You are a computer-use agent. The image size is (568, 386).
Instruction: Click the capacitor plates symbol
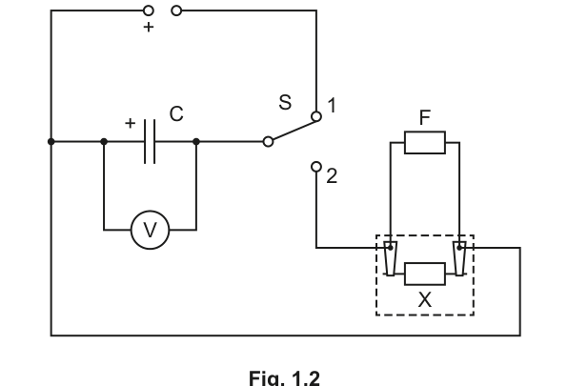coord(150,141)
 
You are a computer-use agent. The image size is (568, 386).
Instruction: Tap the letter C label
coord(176,113)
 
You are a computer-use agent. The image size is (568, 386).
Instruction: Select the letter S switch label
coord(285,102)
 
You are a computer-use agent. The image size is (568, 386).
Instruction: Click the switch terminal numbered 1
coord(316,116)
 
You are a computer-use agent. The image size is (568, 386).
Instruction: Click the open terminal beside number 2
coord(316,167)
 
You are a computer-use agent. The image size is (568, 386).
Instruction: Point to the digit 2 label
coord(332,176)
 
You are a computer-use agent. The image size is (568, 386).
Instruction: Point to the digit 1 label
coord(332,106)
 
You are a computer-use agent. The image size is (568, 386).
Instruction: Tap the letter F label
coord(424,117)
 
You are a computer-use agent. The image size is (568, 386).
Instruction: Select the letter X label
coord(425,300)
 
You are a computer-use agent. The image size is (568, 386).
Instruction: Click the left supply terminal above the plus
coord(148,10)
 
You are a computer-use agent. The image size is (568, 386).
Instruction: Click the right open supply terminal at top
coord(176,10)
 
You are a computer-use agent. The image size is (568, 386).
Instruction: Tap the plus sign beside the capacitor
coord(130,123)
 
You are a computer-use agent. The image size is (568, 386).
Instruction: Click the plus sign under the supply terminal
coord(148,27)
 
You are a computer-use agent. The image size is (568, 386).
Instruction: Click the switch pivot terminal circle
coord(268,142)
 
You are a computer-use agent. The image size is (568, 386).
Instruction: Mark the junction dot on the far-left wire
coord(51,141)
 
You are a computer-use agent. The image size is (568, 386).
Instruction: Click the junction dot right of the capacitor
coord(196,141)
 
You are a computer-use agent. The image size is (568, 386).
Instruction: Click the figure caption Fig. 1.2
coord(284,377)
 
